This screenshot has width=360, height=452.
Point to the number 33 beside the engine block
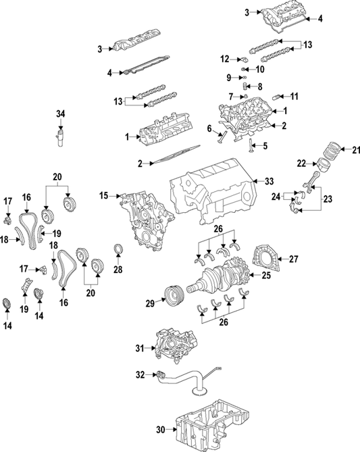269,180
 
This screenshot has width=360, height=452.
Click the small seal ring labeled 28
118,252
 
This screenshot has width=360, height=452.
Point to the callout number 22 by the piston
302,163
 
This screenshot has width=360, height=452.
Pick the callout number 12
226,58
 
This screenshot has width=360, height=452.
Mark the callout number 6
209,127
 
